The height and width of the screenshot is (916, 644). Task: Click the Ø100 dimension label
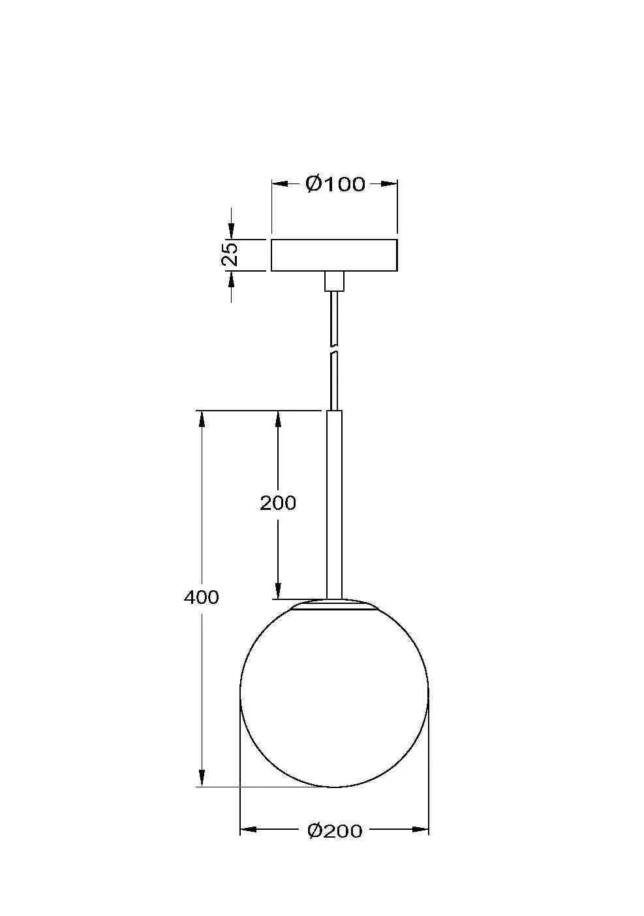pyautogui.click(x=335, y=184)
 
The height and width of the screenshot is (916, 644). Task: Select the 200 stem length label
pyautogui.click(x=278, y=503)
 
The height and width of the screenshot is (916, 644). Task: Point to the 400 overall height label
pyautogui.click(x=202, y=597)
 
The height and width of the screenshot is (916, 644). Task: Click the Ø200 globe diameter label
pyautogui.click(x=334, y=830)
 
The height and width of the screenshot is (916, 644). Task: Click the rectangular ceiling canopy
pyautogui.click(x=334, y=255)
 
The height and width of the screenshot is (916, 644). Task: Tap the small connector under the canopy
pyautogui.click(x=334, y=281)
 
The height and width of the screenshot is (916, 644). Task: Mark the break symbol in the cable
pyautogui.click(x=334, y=349)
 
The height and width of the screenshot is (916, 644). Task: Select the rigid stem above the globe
pyautogui.click(x=334, y=503)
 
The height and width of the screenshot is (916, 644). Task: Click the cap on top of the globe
pyautogui.click(x=334, y=605)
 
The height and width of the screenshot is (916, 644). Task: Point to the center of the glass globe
pyautogui.click(x=334, y=693)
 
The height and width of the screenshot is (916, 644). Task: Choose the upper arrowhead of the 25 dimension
pyautogui.click(x=230, y=231)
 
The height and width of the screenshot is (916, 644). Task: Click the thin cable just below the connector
pyautogui.click(x=334, y=313)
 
